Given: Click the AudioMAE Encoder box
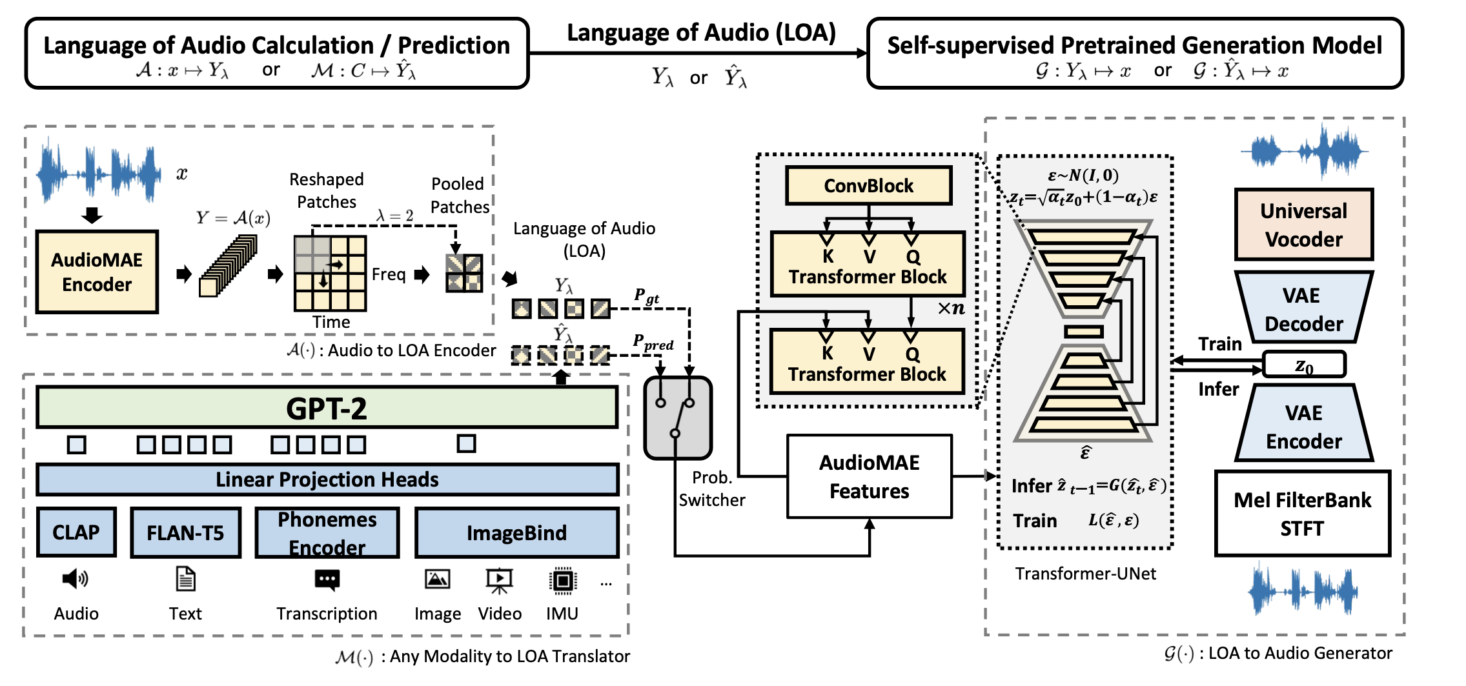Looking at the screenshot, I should [97, 272].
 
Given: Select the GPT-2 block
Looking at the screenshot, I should [327, 408].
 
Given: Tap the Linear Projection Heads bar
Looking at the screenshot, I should [327, 479].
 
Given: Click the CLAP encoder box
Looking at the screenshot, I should [76, 532].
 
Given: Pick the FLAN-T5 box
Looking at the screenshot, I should [185, 532].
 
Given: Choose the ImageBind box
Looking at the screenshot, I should [516, 532].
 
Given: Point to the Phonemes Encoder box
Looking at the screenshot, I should [327, 532].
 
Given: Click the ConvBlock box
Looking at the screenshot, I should [868, 186].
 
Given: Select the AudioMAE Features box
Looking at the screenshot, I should [869, 476].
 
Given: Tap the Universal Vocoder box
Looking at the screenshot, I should [1303, 225].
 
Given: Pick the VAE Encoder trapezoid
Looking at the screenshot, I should [1303, 425].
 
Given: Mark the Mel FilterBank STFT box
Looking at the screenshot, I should [1302, 514].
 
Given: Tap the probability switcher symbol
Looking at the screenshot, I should [677, 418].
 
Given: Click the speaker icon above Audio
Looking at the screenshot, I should [75, 579].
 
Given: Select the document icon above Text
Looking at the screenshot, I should [185, 579].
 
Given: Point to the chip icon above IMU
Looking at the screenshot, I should [562, 580].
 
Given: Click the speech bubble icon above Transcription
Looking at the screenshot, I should [327, 580].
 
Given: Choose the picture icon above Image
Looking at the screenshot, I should [437, 579].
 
